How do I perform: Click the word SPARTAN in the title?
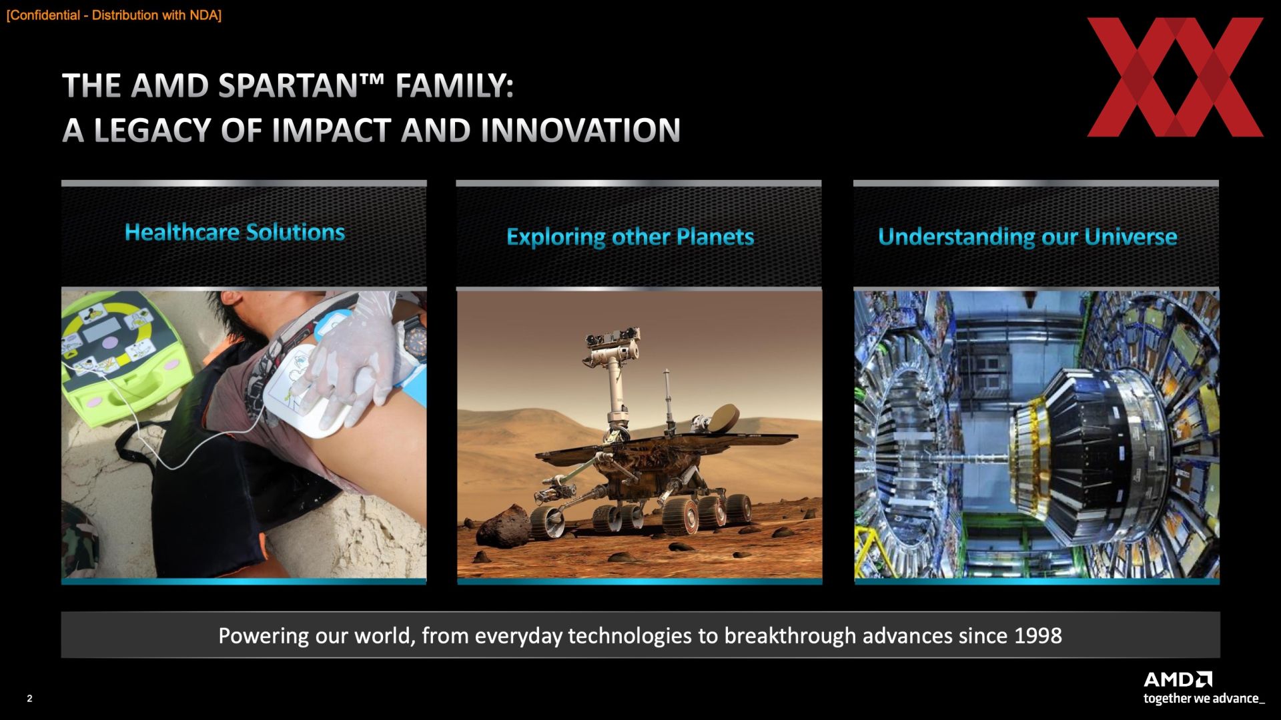tap(288, 86)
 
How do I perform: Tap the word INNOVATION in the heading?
tap(580, 130)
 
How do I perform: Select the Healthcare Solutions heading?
tap(235, 232)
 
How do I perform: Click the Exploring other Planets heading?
tap(630, 237)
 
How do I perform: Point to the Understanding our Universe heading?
tap(1027, 237)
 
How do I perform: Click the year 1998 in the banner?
tap(1037, 635)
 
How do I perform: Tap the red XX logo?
tap(1175, 77)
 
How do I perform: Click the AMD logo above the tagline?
tap(1178, 679)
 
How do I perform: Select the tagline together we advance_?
tap(1204, 699)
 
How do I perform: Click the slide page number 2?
tap(29, 699)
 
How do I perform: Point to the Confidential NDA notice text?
tap(113, 15)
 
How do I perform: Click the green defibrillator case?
tap(117, 360)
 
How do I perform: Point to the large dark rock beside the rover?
tap(504, 527)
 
